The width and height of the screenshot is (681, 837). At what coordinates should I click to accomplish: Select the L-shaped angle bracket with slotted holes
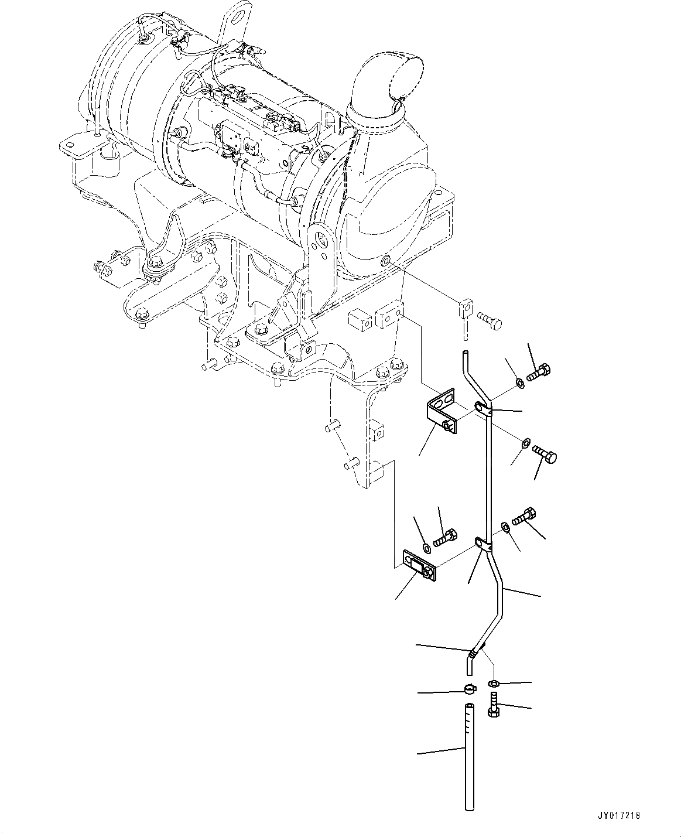(441, 411)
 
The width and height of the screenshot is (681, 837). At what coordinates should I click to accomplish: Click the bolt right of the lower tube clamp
(523, 516)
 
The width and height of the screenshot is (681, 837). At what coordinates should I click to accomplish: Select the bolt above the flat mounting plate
(446, 535)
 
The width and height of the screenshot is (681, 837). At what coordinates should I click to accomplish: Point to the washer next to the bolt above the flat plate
(426, 547)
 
